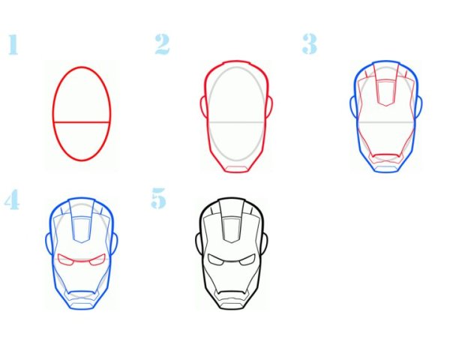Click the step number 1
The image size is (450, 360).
click(x=13, y=44)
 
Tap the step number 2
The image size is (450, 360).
click(x=162, y=44)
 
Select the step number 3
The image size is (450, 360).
click(x=310, y=43)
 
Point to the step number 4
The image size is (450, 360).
click(x=12, y=199)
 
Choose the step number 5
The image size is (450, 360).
click(x=158, y=198)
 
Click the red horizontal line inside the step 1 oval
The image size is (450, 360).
click(x=82, y=122)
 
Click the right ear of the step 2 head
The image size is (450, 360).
click(x=270, y=106)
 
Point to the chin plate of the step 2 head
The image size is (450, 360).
click(x=236, y=169)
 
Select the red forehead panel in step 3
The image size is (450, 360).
click(x=386, y=93)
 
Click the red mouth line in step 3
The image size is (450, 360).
click(x=386, y=155)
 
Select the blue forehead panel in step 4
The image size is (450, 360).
click(x=82, y=230)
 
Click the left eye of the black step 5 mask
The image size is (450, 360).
click(x=215, y=259)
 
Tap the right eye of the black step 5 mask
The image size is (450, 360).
click(x=247, y=259)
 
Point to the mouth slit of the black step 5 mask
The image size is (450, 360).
click(x=231, y=292)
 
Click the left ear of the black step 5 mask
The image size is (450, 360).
click(x=198, y=243)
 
